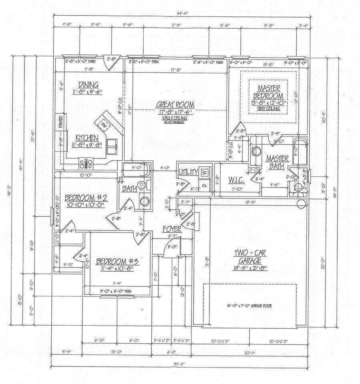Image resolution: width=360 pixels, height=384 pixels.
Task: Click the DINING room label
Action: click(88, 84)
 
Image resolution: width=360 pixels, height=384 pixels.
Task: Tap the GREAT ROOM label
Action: click(175, 105)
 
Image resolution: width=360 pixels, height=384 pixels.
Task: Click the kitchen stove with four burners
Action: click(86, 163)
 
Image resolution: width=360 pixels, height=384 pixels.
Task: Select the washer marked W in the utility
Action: click(204, 172)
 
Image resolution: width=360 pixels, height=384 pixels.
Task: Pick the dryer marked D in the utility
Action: click(204, 185)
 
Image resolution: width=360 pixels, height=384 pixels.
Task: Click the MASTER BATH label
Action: click(278, 162)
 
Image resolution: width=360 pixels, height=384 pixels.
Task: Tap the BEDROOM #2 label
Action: click(84, 198)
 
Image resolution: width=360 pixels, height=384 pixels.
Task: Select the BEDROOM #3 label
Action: click(117, 262)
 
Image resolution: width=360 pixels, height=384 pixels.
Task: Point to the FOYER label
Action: click(172, 229)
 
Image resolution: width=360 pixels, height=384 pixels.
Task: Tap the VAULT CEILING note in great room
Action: click(175, 118)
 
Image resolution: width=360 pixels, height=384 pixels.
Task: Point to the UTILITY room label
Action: click(188, 172)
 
